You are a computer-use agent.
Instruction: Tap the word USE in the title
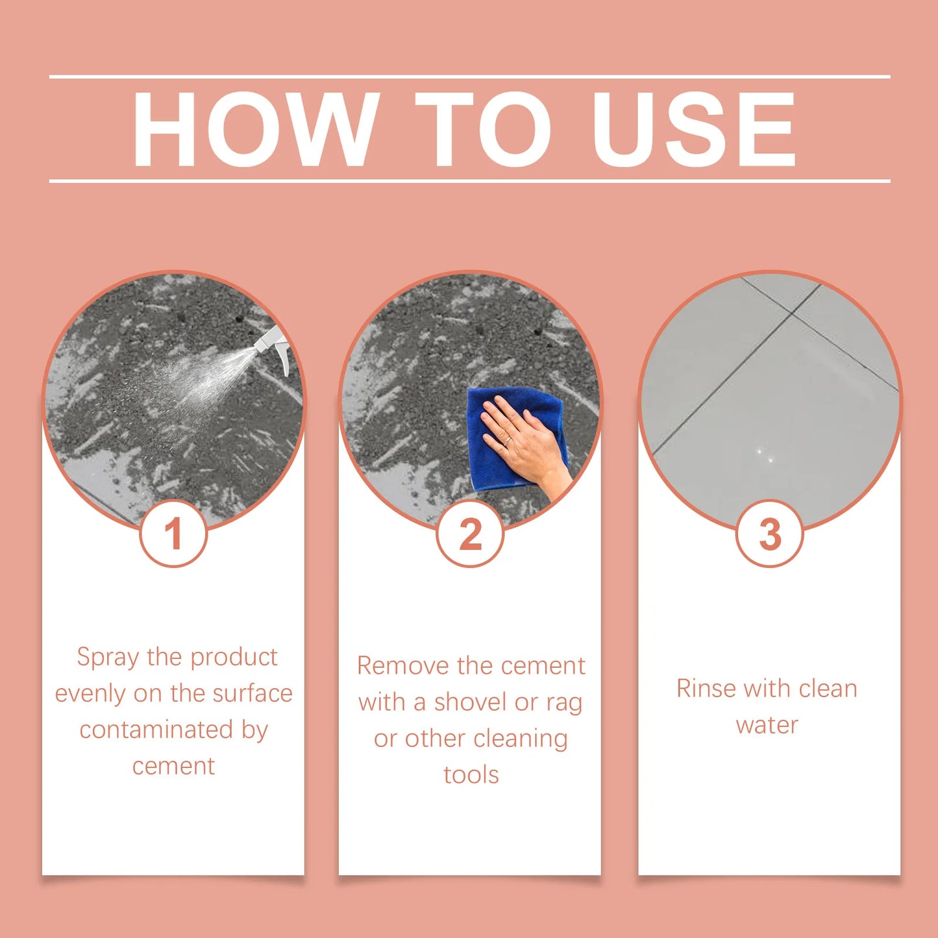[694, 129]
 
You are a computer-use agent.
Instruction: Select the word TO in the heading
[484, 129]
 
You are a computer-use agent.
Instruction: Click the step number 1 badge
[173, 534]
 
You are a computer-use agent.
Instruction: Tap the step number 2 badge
[471, 534]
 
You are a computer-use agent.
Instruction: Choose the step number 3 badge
[770, 534]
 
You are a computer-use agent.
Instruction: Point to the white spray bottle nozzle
[273, 344]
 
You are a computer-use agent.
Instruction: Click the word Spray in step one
[108, 658]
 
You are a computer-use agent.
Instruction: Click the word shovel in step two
[471, 702]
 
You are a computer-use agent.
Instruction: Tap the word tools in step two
[471, 774]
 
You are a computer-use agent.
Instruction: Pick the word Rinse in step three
[706, 688]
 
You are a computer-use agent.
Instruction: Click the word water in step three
[767, 725]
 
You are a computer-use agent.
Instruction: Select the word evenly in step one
[90, 694]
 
